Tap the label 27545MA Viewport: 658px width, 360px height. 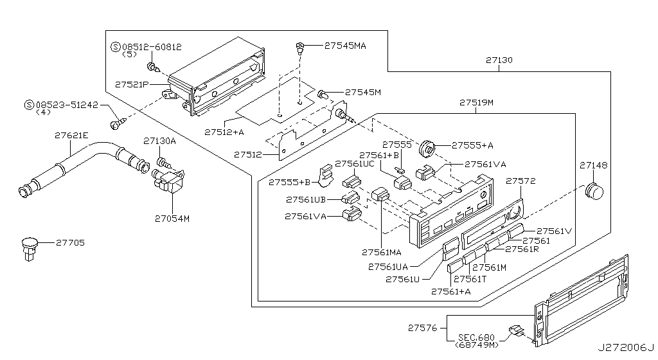[x=345, y=46]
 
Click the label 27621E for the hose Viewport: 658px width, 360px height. [x=72, y=136]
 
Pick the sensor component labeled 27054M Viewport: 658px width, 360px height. [x=167, y=185]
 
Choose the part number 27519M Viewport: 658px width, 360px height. [x=476, y=103]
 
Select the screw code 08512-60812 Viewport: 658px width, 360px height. [x=151, y=47]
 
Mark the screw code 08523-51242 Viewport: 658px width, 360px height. [x=67, y=104]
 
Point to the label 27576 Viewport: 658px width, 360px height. [x=422, y=328]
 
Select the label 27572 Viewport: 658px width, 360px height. [x=520, y=182]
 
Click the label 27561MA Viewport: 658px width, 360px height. [x=383, y=251]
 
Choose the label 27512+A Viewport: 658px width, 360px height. [x=224, y=132]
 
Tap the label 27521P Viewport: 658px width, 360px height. [x=132, y=84]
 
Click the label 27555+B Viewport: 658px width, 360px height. [x=289, y=182]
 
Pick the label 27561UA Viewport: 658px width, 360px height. [x=391, y=265]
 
